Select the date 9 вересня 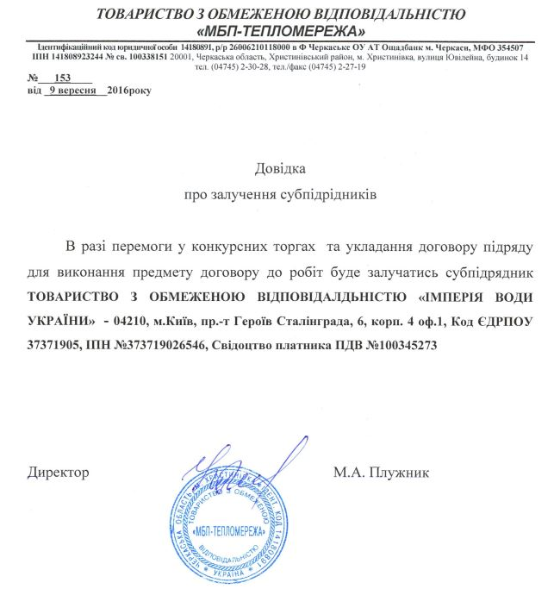point(76,89)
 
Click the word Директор point(59,473)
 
